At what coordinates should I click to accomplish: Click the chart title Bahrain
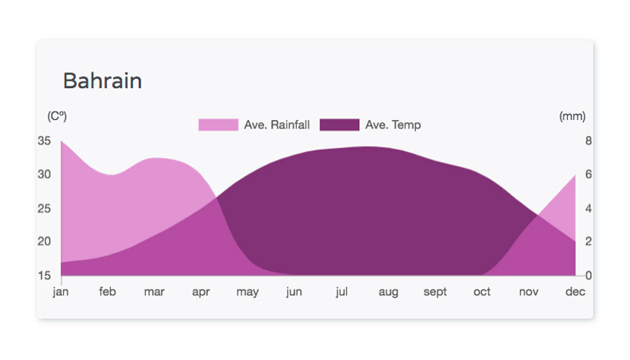[102, 81]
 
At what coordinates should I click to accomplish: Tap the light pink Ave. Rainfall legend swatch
[218, 125]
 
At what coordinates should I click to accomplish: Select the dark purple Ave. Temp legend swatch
[339, 125]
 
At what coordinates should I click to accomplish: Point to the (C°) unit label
[57, 116]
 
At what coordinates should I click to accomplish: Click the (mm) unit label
[572, 116]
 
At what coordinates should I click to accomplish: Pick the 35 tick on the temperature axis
[44, 141]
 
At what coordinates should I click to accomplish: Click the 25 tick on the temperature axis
[44, 208]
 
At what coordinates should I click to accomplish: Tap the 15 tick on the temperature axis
[44, 276]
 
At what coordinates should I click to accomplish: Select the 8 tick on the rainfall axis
[588, 141]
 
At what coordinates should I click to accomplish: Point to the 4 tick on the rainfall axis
[588, 208]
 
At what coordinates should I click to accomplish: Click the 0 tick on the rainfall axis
[588, 276]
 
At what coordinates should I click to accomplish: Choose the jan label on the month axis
[61, 292]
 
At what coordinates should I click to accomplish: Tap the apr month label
[201, 292]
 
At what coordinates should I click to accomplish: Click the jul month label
[342, 292]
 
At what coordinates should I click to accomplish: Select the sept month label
[435, 292]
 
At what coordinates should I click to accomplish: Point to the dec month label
[575, 291]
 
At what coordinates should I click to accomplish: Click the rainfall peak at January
[61, 141]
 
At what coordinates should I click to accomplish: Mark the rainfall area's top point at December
[575, 175]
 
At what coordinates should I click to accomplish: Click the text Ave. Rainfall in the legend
[277, 125]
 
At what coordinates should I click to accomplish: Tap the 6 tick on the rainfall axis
[588, 174]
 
